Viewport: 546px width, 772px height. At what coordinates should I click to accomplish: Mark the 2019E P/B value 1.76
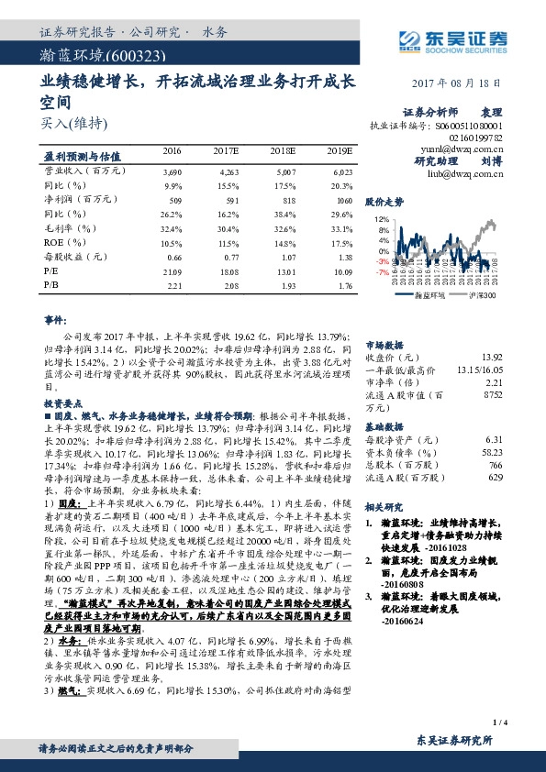point(342,287)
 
